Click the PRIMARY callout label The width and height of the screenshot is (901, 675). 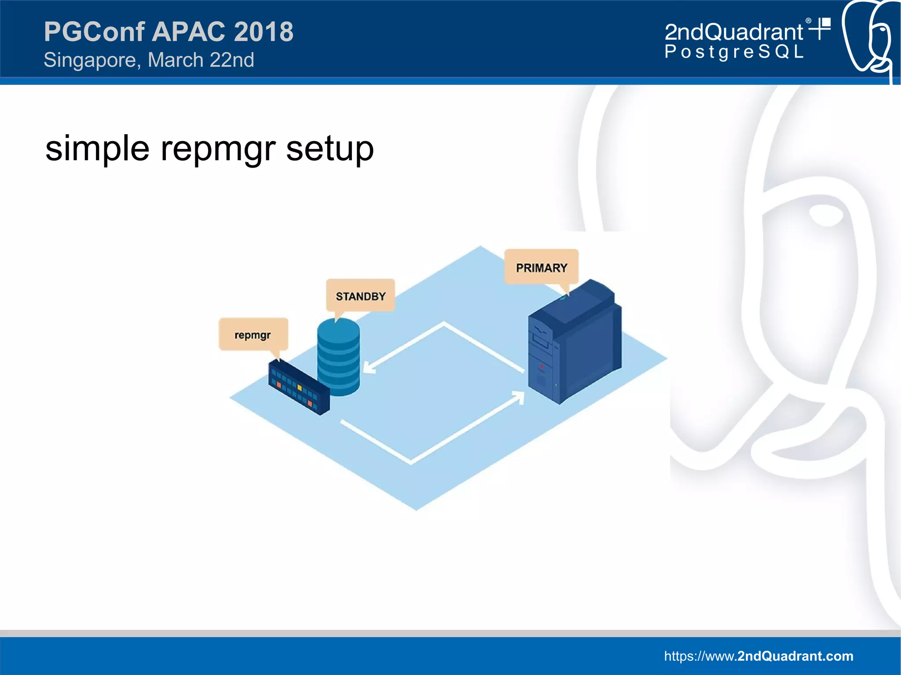541,267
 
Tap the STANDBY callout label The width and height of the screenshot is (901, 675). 360,296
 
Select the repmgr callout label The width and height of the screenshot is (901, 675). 253,335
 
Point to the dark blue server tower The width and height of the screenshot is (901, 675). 574,343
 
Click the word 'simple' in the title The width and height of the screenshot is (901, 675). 97,149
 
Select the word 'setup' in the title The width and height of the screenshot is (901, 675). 330,149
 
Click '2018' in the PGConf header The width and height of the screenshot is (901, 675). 263,32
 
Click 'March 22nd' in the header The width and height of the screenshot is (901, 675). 201,60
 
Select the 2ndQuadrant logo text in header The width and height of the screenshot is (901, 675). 733,32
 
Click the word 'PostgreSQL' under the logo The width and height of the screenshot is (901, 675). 734,52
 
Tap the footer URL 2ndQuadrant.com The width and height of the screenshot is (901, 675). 758,656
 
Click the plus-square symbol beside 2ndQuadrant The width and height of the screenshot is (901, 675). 821,28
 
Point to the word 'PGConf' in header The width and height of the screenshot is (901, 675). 94,32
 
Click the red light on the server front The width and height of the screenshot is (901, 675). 542,366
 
